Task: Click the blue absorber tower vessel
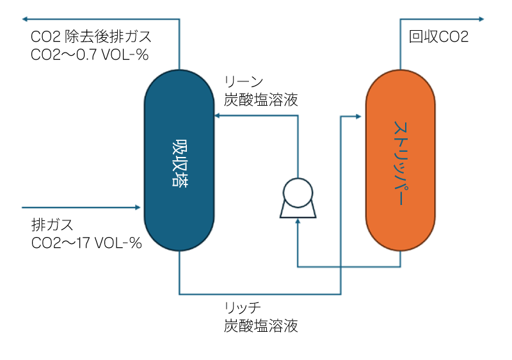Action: point(179,128)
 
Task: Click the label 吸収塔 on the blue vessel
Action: point(180,163)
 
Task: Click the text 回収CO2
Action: point(438,37)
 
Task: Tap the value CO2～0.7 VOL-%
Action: point(90,54)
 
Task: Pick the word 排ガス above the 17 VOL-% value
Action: point(52,225)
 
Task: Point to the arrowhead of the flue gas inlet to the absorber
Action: point(136,208)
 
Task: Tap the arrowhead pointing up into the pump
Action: point(298,221)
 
